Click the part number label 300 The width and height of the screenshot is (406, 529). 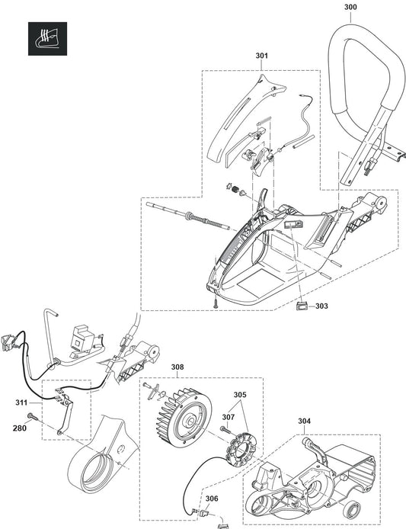pyautogui.click(x=350, y=7)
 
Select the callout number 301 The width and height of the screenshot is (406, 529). pyautogui.click(x=262, y=56)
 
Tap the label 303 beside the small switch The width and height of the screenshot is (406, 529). pyautogui.click(x=321, y=306)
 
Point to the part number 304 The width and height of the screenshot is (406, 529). pyautogui.click(x=304, y=421)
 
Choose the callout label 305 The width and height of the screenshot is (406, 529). pyautogui.click(x=240, y=395)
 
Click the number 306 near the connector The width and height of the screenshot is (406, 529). pyautogui.click(x=212, y=499)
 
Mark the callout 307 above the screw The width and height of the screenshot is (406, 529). pyautogui.click(x=228, y=417)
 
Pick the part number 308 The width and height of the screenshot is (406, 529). pyautogui.click(x=177, y=367)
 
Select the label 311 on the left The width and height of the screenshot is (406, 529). pyautogui.click(x=21, y=402)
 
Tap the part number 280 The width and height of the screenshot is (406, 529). pyautogui.click(x=20, y=428)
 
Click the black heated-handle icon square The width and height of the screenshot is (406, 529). pyautogui.click(x=47, y=39)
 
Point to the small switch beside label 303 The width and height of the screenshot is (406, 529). pyautogui.click(x=301, y=306)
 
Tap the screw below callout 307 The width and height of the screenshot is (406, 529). pyautogui.click(x=225, y=430)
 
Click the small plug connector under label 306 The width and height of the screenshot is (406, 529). pyautogui.click(x=204, y=514)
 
